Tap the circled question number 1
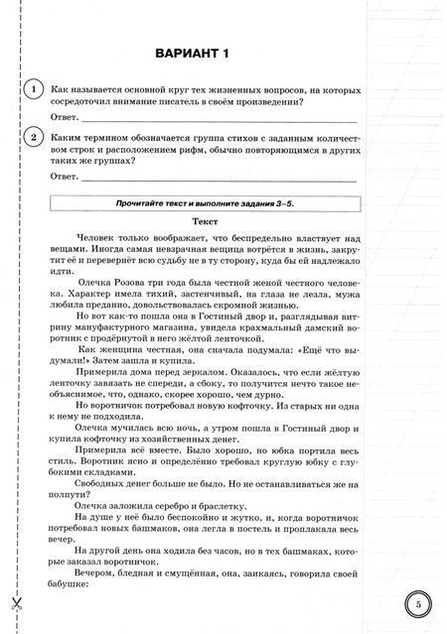(36, 90)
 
